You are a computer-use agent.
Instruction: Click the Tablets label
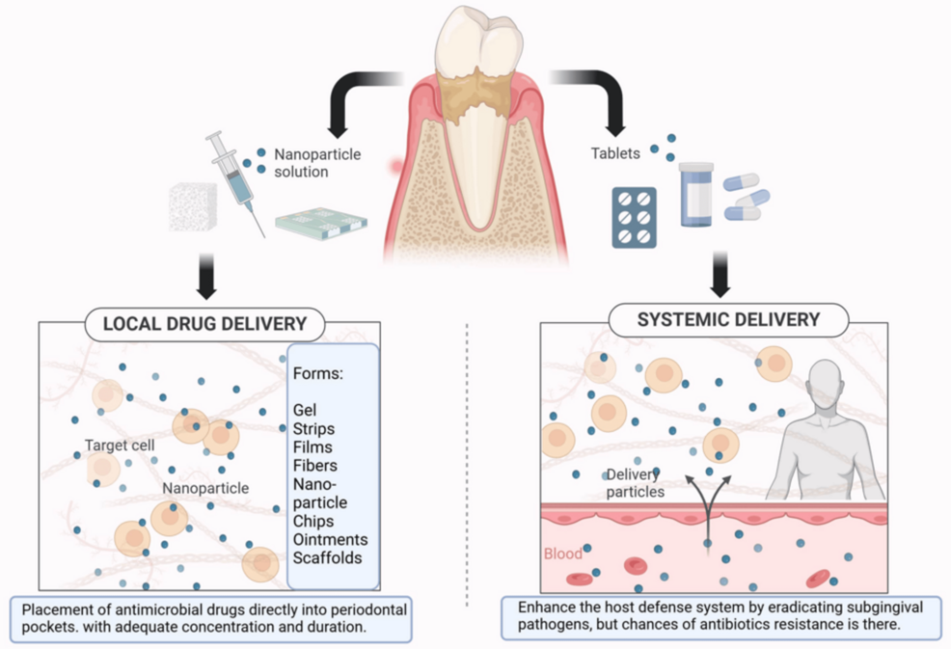coord(615,152)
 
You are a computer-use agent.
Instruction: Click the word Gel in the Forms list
coord(305,411)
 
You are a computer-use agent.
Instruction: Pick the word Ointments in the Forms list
coord(330,539)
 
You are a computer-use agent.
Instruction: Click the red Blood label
coord(563,554)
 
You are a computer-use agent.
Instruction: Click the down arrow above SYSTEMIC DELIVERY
coord(720,272)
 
